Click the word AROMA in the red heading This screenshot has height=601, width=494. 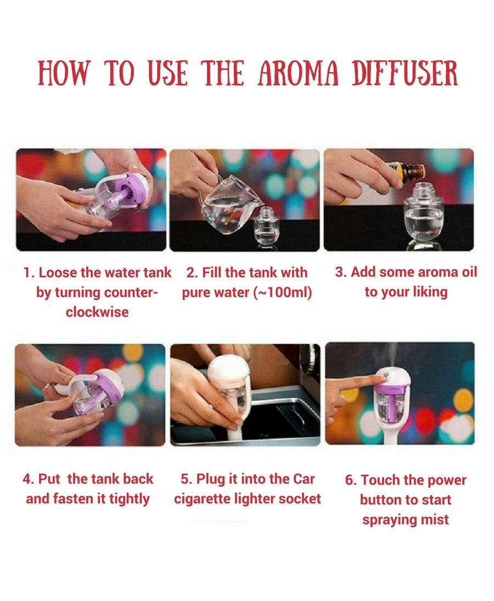tap(298, 72)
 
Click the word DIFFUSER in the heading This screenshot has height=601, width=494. tap(405, 72)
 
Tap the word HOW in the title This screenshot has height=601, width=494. tap(63, 72)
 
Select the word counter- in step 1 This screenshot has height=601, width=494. tap(131, 293)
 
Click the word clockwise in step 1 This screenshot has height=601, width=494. tap(97, 312)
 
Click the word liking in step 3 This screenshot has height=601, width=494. tap(430, 292)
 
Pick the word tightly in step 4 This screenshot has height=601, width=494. tap(129, 499)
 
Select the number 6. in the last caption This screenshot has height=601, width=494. tap(351, 480)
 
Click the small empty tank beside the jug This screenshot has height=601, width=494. tap(265, 228)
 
